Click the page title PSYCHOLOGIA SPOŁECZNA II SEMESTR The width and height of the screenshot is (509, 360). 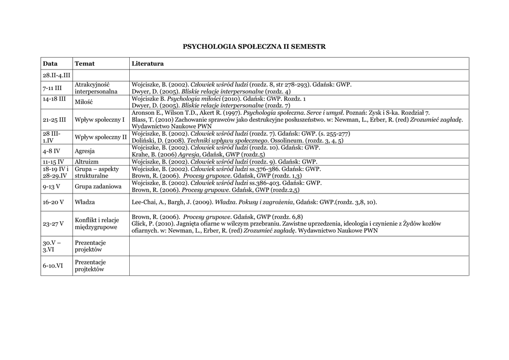pyautogui.click(x=254, y=47)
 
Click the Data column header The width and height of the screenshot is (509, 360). pyautogui.click(x=50, y=64)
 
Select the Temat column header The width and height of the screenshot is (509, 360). pyautogui.click(x=85, y=64)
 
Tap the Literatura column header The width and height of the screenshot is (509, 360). pyautogui.click(x=148, y=64)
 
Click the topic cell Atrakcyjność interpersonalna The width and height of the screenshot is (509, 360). pyautogui.click(x=96, y=88)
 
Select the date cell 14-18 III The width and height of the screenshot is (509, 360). pyautogui.click(x=54, y=99)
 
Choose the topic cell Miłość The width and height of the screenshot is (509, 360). pyautogui.click(x=84, y=102)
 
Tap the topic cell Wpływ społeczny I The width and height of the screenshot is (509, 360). pyautogui.click(x=99, y=120)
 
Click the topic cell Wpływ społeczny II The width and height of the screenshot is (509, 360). pyautogui.click(x=100, y=137)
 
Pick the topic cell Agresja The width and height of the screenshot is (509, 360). pyautogui.click(x=85, y=151)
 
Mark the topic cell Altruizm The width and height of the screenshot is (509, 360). pyautogui.click(x=86, y=162)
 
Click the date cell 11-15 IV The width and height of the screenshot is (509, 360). pyautogui.click(x=53, y=162)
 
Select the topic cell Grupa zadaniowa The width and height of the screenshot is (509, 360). pyautogui.click(x=98, y=186)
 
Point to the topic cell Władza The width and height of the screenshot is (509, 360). pyautogui.click(x=85, y=202)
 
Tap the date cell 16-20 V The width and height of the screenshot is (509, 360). pyautogui.click(x=54, y=202)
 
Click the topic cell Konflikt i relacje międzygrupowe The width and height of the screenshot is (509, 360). pyautogui.click(x=96, y=223)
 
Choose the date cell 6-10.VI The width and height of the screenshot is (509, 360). pyautogui.click(x=53, y=266)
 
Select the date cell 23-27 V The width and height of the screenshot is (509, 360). pyautogui.click(x=54, y=224)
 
